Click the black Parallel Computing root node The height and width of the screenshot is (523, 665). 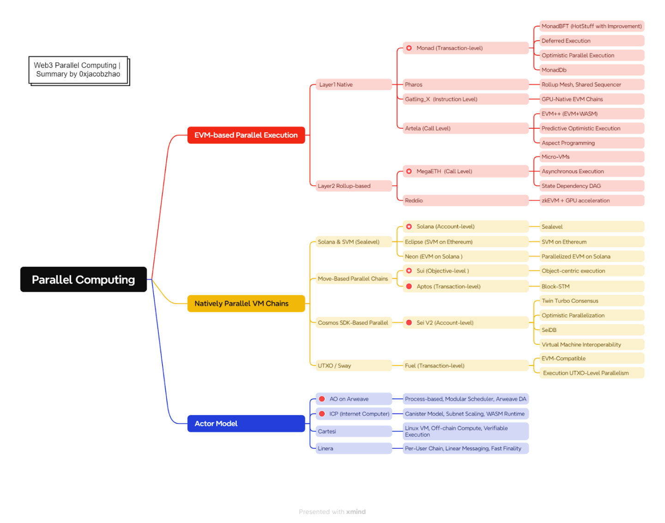coord(84,279)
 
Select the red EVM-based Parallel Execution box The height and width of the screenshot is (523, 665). coord(246,135)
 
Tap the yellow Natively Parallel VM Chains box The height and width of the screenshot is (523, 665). coord(246,303)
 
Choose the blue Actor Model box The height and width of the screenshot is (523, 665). coord(246,423)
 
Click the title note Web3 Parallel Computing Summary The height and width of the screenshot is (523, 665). coord(78,70)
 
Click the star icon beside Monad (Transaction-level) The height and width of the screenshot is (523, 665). coord(409,48)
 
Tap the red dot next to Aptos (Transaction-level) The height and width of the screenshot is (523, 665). coord(409,286)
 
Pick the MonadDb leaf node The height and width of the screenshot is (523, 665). coord(591,70)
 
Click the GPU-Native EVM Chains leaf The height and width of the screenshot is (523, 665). coord(591,99)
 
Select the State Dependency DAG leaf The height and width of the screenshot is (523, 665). coord(591,186)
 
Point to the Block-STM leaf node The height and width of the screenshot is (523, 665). coord(591,287)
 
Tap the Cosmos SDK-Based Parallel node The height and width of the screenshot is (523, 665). coord(353,323)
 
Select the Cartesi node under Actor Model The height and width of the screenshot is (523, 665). coord(353,431)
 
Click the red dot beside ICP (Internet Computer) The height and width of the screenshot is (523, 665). coord(322,414)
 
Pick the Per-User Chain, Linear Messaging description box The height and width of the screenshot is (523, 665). coord(465,448)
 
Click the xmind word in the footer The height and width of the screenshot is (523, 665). coord(356,511)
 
